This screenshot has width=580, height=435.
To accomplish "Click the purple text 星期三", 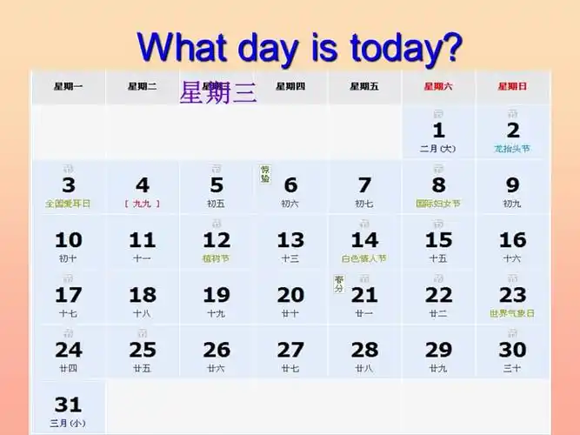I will (217, 93).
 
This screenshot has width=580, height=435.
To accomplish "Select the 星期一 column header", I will (68, 86).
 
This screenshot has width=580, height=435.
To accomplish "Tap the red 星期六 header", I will (438, 86).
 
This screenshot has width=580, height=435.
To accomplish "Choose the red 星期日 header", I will (512, 86).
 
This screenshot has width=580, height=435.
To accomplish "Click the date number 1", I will (438, 130).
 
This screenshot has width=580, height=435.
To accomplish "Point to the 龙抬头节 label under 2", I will (512, 149).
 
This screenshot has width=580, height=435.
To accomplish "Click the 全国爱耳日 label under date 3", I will (68, 204).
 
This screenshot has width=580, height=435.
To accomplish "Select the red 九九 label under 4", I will (143, 204).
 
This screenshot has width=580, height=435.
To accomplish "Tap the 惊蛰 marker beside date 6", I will (265, 174).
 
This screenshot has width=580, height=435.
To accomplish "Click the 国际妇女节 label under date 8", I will (438, 204).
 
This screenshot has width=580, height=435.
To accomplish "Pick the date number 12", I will (217, 239).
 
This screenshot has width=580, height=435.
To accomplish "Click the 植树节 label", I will (217, 258).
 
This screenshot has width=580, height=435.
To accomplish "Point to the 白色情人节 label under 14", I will (364, 258).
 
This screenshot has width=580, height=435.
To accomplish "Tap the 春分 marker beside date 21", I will (339, 284).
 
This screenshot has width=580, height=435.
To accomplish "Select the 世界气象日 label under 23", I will (512, 313).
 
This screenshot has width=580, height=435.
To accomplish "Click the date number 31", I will (68, 405).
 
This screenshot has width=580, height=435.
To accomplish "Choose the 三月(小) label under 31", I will (68, 424).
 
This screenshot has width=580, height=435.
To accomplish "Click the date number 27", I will (290, 350).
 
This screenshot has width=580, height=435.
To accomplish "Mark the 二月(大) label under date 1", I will (438, 149).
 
